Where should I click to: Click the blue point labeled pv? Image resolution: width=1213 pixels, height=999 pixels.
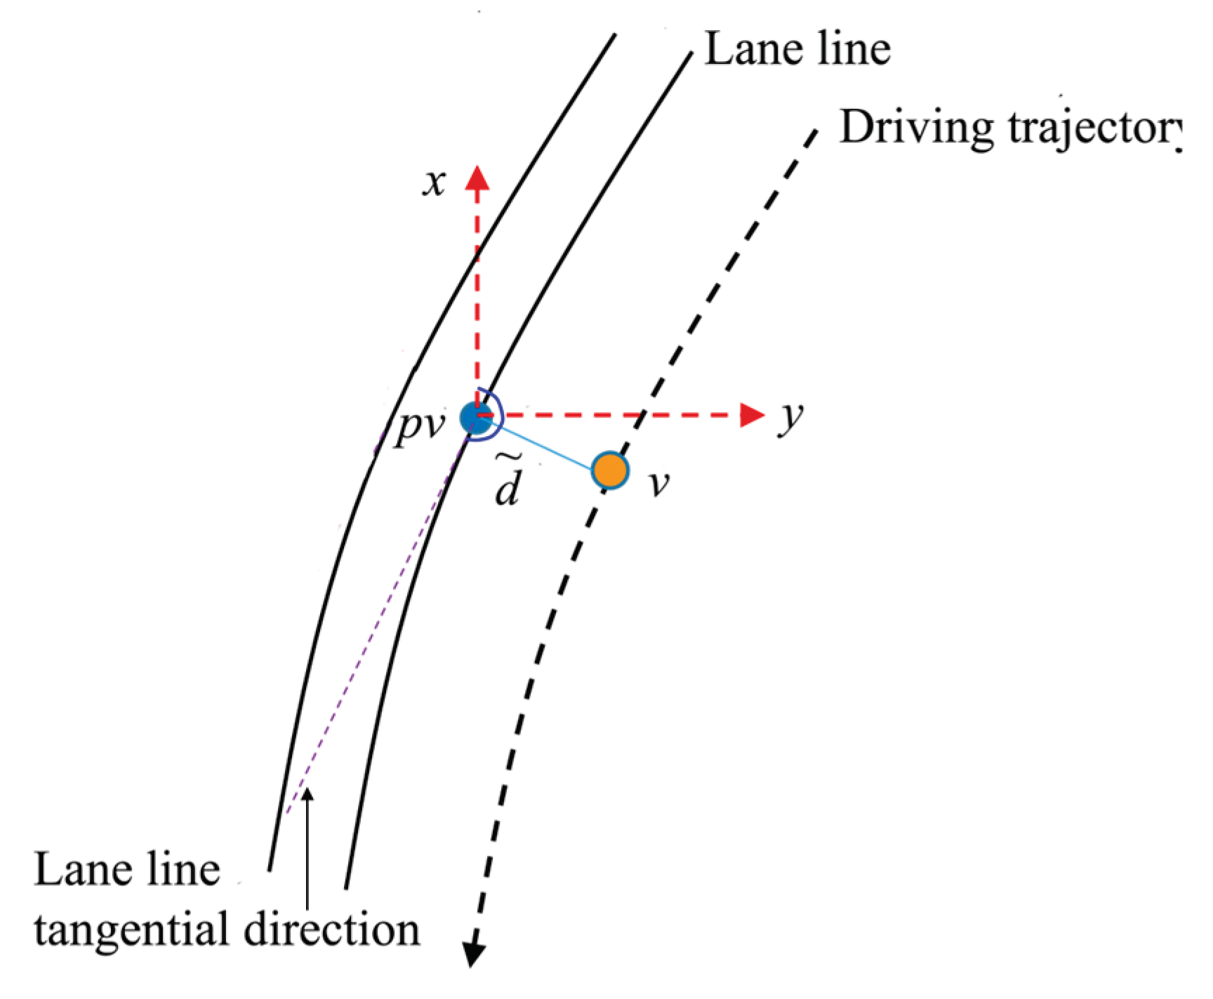pyautogui.click(x=476, y=417)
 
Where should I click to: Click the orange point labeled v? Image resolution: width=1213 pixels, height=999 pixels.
pyautogui.click(x=609, y=470)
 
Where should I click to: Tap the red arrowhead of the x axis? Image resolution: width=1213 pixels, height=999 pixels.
pyautogui.click(x=477, y=178)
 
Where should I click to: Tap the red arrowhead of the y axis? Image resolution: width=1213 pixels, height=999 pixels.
pyautogui.click(x=752, y=415)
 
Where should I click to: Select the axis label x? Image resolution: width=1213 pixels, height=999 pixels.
pyautogui.click(x=435, y=183)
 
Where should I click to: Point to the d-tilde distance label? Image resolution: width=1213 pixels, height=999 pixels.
pyautogui.click(x=507, y=483)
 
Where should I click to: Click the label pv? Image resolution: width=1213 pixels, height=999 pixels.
pyautogui.click(x=420, y=425)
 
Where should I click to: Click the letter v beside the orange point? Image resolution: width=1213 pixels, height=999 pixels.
pyautogui.click(x=658, y=484)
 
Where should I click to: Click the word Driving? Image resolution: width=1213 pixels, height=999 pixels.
pyautogui.click(x=917, y=128)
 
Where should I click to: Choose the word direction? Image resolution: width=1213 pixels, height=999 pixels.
pyautogui.click(x=332, y=929)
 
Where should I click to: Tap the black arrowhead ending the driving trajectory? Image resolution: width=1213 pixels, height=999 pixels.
pyautogui.click(x=475, y=955)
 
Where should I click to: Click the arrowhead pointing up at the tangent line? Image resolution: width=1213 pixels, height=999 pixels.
pyautogui.click(x=307, y=795)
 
